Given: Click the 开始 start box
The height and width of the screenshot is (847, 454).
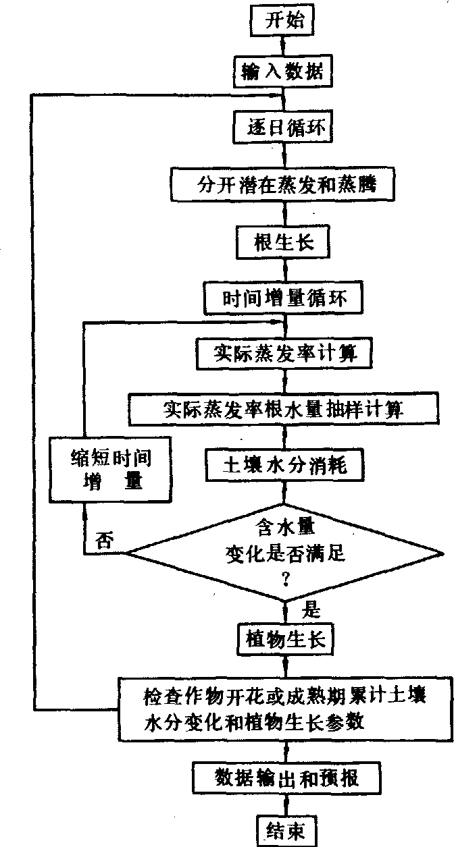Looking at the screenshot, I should [x=284, y=21].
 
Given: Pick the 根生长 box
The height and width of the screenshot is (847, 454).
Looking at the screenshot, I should [x=284, y=240].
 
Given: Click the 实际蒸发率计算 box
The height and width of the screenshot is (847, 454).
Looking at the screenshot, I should [x=284, y=352].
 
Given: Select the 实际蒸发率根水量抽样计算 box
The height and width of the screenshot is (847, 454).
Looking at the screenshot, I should [x=284, y=409].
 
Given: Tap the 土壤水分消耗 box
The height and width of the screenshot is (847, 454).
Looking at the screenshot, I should [x=284, y=466].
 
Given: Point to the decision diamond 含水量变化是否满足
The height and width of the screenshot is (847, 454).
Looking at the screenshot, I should [x=284, y=552].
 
